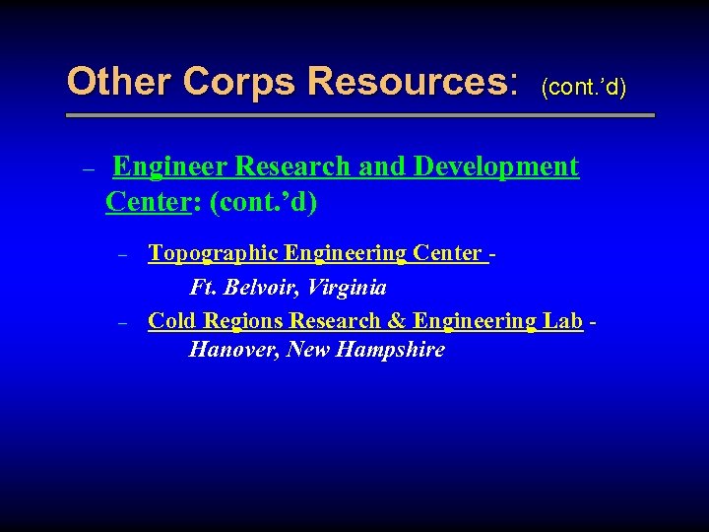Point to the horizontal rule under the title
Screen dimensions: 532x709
[359, 116]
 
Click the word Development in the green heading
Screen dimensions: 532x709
[496, 166]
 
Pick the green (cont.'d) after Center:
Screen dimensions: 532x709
[264, 203]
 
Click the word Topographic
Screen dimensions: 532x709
[213, 254]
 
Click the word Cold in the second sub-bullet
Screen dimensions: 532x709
[172, 321]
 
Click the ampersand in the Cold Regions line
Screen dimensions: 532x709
[397, 321]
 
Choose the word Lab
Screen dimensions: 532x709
[562, 321]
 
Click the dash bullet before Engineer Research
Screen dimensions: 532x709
[87, 169]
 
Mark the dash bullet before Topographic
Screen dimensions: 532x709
[123, 255]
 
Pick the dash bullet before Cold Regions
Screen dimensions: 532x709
[123, 322]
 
